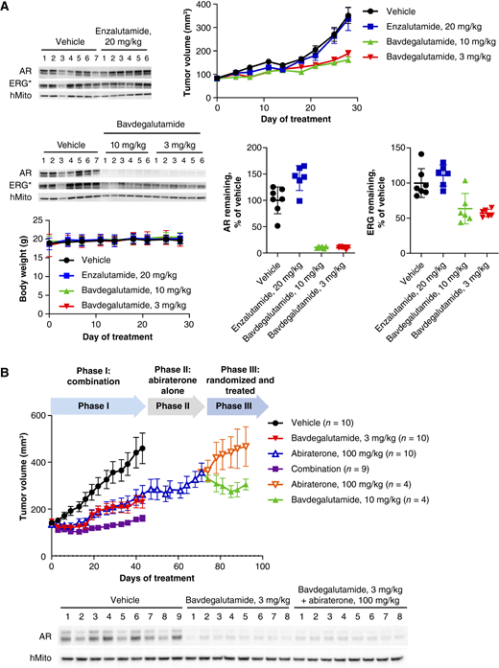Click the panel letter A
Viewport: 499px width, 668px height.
point(8,8)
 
